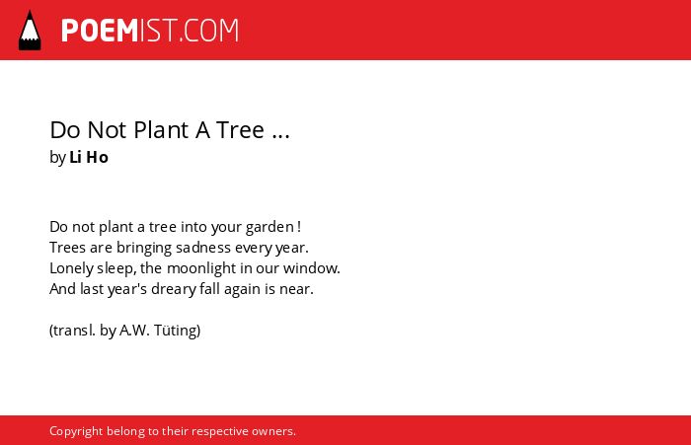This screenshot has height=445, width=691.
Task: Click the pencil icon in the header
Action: (30, 31)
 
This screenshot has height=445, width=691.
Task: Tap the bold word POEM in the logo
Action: (100, 31)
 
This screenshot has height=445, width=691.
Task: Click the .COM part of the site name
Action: (209, 31)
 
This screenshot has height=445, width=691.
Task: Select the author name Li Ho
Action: (89, 157)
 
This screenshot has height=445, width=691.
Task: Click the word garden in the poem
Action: (269, 227)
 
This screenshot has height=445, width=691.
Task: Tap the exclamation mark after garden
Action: (299, 227)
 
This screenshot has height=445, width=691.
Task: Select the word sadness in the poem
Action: (201, 248)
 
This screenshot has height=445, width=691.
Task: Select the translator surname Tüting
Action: (177, 331)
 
